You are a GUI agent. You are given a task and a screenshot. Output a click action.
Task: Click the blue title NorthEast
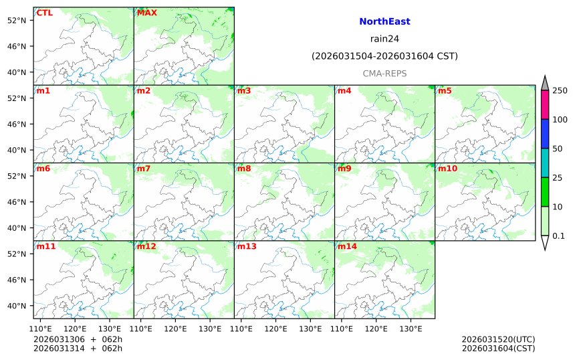pyautogui.click(x=384, y=21)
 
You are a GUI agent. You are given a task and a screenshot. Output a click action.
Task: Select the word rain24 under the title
pyautogui.click(x=384, y=38)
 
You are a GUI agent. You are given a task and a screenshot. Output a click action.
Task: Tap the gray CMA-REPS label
pyautogui.click(x=384, y=73)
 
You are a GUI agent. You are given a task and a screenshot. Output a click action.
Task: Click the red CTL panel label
pyautogui.click(x=45, y=13)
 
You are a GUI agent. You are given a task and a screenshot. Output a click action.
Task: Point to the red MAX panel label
pyautogui.click(x=147, y=13)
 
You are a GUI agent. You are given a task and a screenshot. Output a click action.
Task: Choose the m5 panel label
pyautogui.click(x=445, y=90)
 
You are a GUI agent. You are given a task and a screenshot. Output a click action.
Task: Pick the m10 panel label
pyautogui.click(x=447, y=169)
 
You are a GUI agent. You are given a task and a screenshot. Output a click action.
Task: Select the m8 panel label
pyautogui.click(x=244, y=169)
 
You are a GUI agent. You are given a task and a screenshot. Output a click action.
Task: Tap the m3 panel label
pyautogui.click(x=244, y=90)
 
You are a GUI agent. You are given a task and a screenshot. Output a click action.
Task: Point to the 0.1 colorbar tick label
pyautogui.click(x=558, y=236)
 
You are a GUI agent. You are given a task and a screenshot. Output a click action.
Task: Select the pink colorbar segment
pyautogui.click(x=544, y=104)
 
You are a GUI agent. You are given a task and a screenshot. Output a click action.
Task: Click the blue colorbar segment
pyautogui.click(x=544, y=134)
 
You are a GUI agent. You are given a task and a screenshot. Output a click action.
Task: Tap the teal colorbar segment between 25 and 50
pyautogui.click(x=544, y=163)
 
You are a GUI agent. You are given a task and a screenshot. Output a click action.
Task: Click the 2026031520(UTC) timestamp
pyautogui.click(x=498, y=339)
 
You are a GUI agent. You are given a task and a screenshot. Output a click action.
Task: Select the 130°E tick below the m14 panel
pyautogui.click(x=411, y=329)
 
